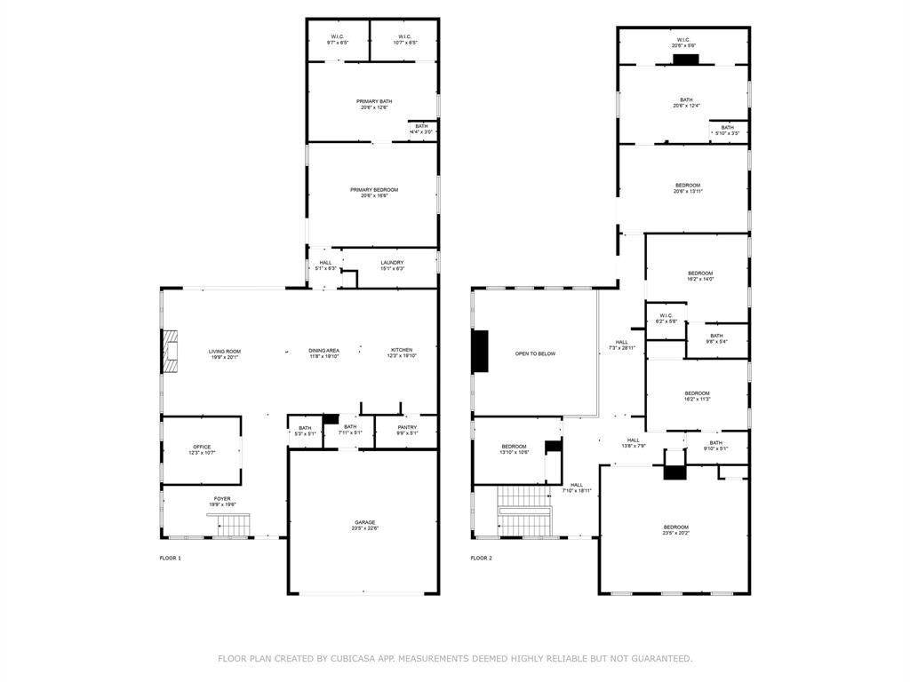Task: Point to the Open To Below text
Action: point(535,353)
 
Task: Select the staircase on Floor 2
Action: point(528,511)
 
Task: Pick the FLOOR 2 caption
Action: point(481,558)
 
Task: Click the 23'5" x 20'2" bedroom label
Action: point(675,531)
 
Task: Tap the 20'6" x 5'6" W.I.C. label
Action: point(683,43)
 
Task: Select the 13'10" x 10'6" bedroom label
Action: point(514,449)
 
